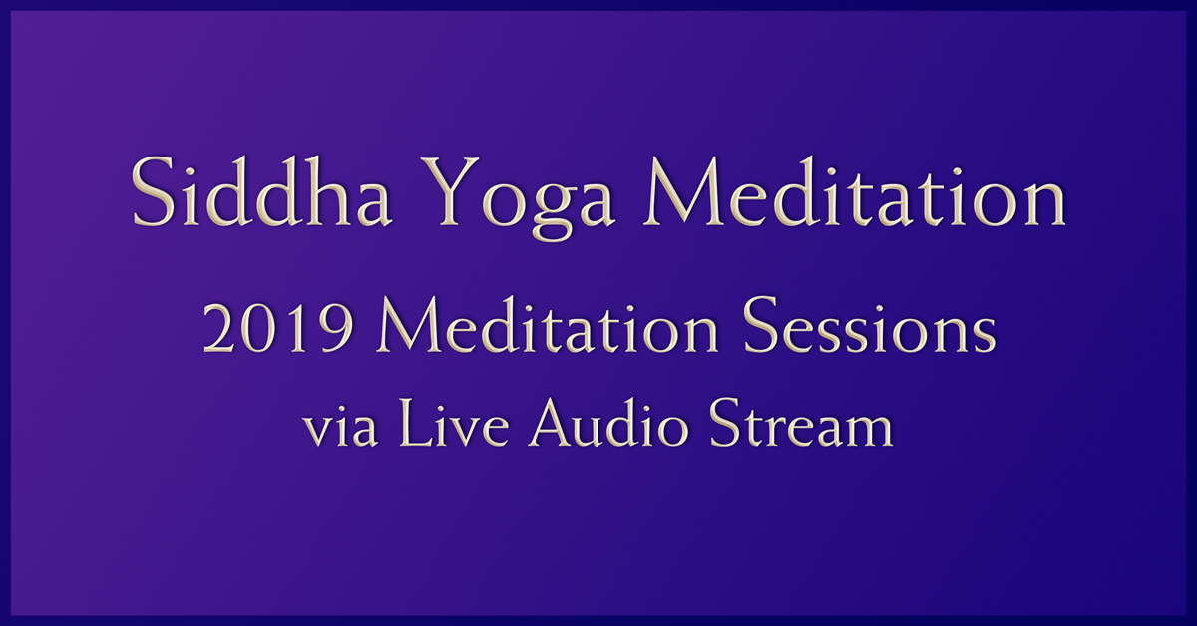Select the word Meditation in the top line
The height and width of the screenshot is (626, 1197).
coord(844,195)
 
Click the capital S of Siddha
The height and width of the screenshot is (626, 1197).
coord(152,195)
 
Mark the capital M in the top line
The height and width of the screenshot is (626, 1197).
coord(653,193)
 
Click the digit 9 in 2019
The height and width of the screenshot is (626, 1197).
coord(338,328)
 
